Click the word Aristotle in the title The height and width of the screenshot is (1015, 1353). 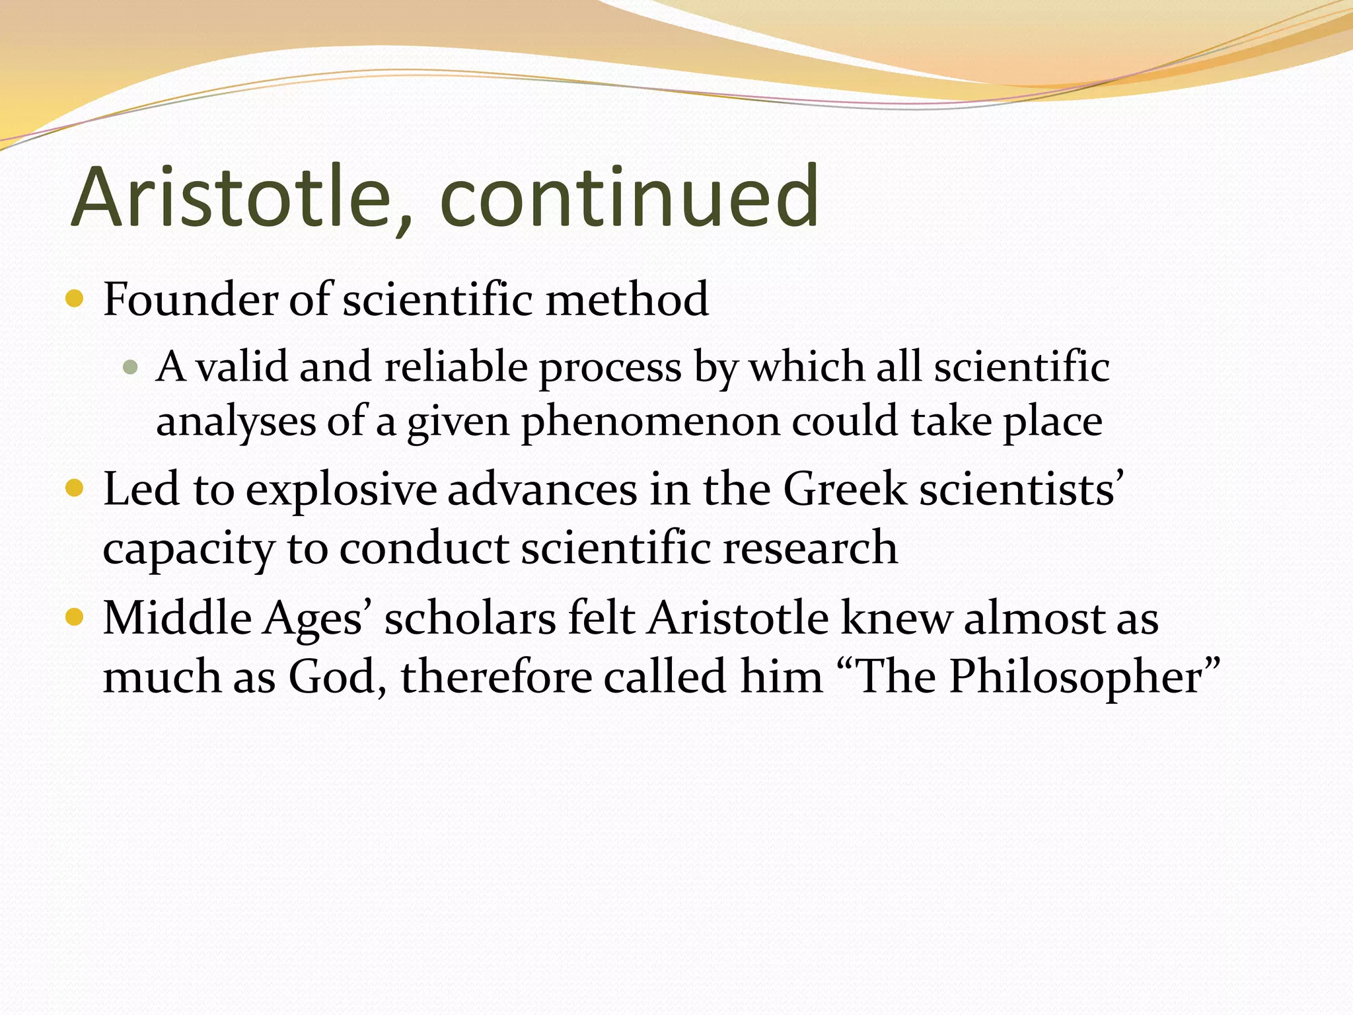(x=231, y=197)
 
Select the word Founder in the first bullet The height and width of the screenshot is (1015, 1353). (x=191, y=299)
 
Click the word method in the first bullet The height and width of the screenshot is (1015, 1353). (x=627, y=299)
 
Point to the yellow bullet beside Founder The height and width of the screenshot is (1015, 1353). (x=75, y=299)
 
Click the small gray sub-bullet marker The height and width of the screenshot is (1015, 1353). (x=130, y=367)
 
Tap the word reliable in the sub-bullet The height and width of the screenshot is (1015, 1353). (x=456, y=367)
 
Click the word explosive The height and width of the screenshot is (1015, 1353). (x=341, y=490)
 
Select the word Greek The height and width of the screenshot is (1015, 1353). (x=845, y=490)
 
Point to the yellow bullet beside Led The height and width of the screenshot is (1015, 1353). (x=75, y=489)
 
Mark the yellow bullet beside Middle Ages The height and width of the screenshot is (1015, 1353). (x=75, y=618)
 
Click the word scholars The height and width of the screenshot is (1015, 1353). (x=470, y=619)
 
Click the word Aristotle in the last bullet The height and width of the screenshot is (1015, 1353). (x=738, y=619)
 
